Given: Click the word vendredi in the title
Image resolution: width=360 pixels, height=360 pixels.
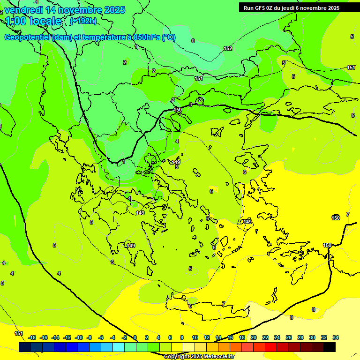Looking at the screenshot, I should coord(25,10).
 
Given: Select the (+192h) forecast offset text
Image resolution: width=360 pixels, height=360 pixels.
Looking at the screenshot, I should coord(83,21).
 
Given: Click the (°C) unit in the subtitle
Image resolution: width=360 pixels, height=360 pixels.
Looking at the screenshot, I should coord(169,37).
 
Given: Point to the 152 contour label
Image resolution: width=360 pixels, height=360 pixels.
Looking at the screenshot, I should coord(228,48).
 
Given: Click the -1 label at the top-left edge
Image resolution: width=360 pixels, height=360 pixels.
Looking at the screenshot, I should coord(36,2).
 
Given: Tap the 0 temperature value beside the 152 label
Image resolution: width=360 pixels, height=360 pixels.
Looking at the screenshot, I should coord(193,41).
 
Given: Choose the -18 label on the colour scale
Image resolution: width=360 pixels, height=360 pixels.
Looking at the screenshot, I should coord(32,337).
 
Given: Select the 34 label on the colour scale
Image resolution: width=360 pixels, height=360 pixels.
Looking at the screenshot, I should coord(336,337).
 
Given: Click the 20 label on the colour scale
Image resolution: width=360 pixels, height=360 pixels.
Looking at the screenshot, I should coord(254,337).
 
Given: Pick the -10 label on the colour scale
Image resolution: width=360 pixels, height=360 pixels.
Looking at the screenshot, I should coord(79,337).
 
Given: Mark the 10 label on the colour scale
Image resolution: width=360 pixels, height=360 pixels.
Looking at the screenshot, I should coord(195,337).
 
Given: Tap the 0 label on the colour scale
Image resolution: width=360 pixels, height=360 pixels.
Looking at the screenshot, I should coord(135,337).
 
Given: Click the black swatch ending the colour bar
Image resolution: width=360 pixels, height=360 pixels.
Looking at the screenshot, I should coord(330,347).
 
